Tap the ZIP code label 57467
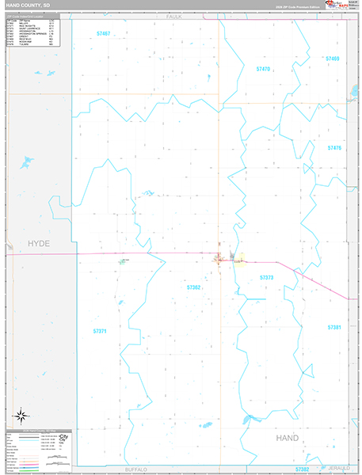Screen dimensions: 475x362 pos(103,33)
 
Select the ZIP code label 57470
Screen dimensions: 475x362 pos(264,69)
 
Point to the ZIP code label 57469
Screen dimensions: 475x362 pos(332,59)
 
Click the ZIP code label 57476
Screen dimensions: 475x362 pos(334,148)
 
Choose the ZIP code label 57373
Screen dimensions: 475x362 pos(266,278)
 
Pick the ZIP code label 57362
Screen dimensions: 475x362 pos(194,287)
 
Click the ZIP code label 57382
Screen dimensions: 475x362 pos(303,469)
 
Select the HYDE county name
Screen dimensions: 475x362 pos(38,244)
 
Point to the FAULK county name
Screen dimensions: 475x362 pos(174,16)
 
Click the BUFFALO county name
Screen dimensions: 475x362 pos(136,469)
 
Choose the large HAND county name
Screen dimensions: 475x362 pos(288,438)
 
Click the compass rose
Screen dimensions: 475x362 pos(21,414)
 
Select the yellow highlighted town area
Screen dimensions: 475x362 pos(238,259)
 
